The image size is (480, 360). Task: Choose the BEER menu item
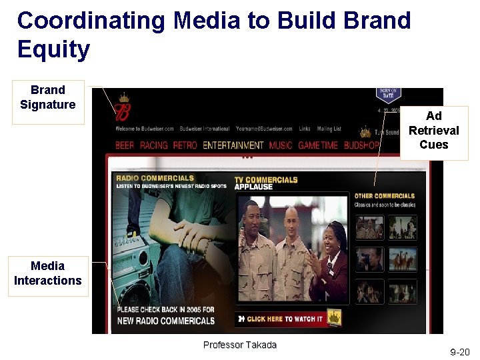tap(125, 145)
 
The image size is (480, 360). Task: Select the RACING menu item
tap(153, 145)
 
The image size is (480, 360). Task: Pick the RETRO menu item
tap(185, 145)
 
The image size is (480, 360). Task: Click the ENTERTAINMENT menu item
tap(233, 145)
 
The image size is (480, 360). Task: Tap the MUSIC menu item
tap(281, 145)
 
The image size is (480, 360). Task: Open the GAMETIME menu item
tap(318, 145)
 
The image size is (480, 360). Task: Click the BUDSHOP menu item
tap(361, 145)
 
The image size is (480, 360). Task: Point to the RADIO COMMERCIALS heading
tap(155, 178)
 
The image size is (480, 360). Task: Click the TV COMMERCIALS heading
tap(266, 179)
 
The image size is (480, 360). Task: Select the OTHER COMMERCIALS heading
tap(385, 196)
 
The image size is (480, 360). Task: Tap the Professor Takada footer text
tap(239, 345)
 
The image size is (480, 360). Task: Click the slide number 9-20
tap(459, 351)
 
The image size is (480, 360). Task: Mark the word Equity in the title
tap(53, 50)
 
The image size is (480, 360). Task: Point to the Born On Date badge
tap(389, 97)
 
